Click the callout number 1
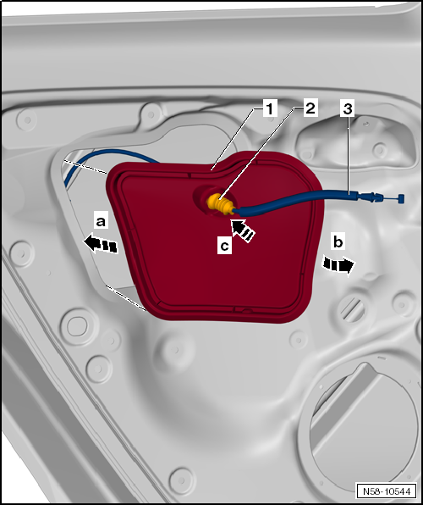pyautogui.click(x=270, y=108)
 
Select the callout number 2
pyautogui.click(x=310, y=108)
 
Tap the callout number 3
pyautogui.click(x=348, y=109)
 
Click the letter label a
pyautogui.click(x=101, y=221)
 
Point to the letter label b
pyautogui.click(x=338, y=241)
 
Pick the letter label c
pyautogui.click(x=224, y=246)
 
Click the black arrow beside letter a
pyautogui.click(x=101, y=244)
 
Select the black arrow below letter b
pyautogui.click(x=338, y=266)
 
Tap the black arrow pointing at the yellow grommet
pyautogui.click(x=243, y=230)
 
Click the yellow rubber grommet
pyautogui.click(x=220, y=204)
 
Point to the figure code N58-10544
pyautogui.click(x=387, y=491)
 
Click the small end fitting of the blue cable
pyautogui.click(x=401, y=198)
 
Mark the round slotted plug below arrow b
pyautogui.click(x=353, y=308)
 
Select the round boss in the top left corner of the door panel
pyautogui.click(x=27, y=119)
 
